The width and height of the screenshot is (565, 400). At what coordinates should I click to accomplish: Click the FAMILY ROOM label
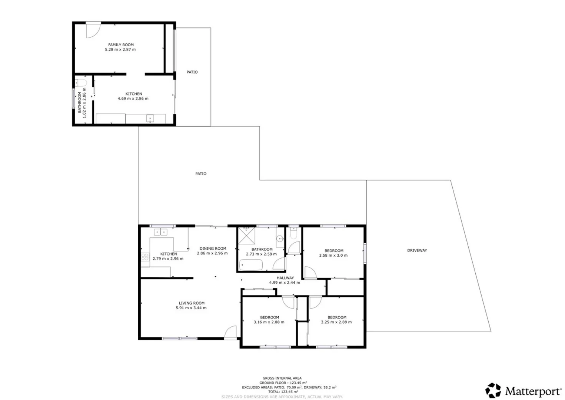pyautogui.click(x=121, y=45)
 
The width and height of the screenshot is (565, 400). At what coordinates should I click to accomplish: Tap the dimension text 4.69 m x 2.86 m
pyautogui.click(x=133, y=99)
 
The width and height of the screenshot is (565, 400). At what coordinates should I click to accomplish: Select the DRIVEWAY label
pyautogui.click(x=417, y=250)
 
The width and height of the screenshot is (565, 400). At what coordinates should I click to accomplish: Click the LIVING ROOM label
pyautogui.click(x=192, y=303)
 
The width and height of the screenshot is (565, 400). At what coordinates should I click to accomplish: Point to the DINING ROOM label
pyautogui.click(x=213, y=249)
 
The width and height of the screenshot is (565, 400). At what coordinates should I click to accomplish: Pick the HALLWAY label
pyautogui.click(x=285, y=278)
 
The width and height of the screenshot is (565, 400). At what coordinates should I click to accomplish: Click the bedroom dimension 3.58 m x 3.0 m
pyautogui.click(x=333, y=256)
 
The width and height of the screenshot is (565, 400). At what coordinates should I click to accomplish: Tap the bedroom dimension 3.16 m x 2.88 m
pyautogui.click(x=269, y=322)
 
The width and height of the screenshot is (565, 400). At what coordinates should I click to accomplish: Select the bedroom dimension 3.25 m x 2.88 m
pyautogui.click(x=336, y=322)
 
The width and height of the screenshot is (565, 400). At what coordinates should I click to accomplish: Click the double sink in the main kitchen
pyautogui.click(x=160, y=232)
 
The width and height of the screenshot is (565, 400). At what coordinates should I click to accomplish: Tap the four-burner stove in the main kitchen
pyautogui.click(x=145, y=257)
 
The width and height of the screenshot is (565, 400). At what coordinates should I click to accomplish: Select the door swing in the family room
pyautogui.click(x=93, y=30)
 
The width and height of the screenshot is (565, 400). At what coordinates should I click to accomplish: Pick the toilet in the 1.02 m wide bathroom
pyautogui.click(x=81, y=82)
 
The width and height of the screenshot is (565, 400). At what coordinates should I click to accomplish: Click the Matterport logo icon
pyautogui.click(x=493, y=390)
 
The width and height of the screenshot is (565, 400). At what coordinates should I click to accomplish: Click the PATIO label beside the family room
pyautogui.click(x=192, y=72)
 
